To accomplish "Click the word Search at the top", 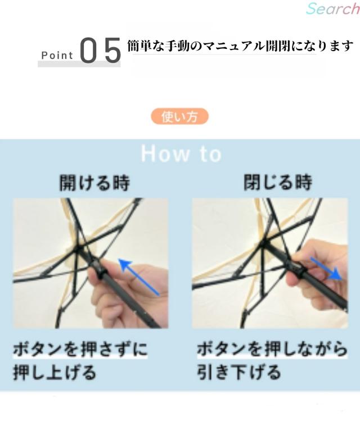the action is pyautogui.click(x=333, y=8).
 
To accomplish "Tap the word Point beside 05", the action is pyautogui.click(x=57, y=56).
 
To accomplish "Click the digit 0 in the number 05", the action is pyautogui.click(x=89, y=50).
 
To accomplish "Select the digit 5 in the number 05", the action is pyautogui.click(x=112, y=50).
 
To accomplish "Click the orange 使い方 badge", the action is pyautogui.click(x=180, y=116).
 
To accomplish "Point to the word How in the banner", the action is pyautogui.click(x=165, y=154).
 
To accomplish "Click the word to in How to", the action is pyautogui.click(x=211, y=155).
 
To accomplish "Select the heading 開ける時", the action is pyautogui.click(x=94, y=183).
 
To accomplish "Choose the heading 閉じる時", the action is pyautogui.click(x=278, y=182).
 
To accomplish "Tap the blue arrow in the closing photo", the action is pyautogui.click(x=326, y=269).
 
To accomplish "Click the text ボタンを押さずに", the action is pyautogui.click(x=80, y=349).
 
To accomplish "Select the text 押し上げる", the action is pyautogui.click(x=55, y=372).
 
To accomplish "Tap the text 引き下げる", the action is pyautogui.click(x=238, y=372).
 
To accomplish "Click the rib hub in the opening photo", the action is pyautogui.click(x=79, y=248).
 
